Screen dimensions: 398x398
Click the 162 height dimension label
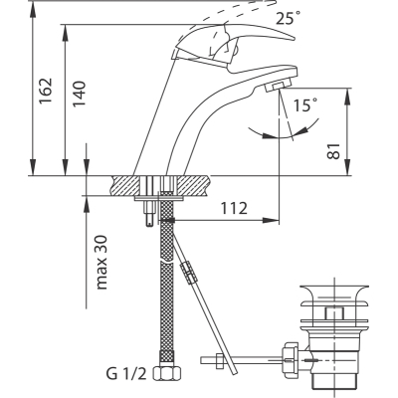[46, 91]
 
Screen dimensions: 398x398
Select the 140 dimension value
[80, 94]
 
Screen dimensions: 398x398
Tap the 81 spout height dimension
[334, 151]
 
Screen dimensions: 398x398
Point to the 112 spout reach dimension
[234, 208]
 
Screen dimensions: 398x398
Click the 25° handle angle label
[289, 18]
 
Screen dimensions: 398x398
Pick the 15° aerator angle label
[305, 105]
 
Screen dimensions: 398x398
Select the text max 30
[101, 263]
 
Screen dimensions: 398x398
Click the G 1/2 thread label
[126, 374]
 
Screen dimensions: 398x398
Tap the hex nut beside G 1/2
[167, 373]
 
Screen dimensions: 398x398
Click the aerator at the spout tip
[278, 87]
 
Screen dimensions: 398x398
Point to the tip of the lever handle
[294, 39]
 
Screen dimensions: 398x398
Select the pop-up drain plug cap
[334, 294]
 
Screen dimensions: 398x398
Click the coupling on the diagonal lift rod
[189, 273]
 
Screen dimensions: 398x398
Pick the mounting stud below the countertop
[149, 213]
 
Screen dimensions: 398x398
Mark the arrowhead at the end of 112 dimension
[271, 220]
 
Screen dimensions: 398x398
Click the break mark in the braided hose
[166, 262]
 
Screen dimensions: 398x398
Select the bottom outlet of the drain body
[334, 379]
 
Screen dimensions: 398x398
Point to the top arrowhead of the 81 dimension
[347, 97]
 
